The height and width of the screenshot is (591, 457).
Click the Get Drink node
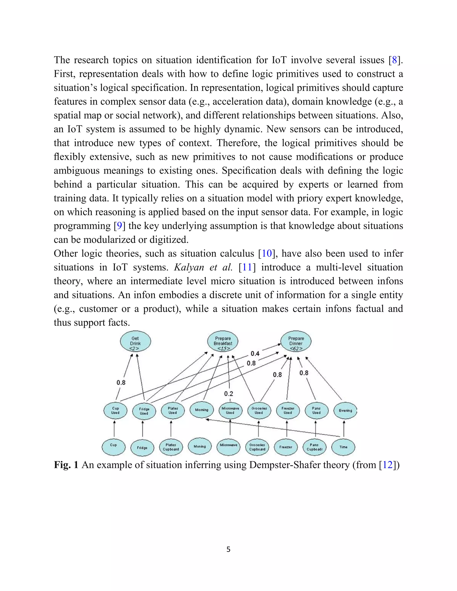click(135, 341)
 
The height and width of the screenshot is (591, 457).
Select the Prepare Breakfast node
click(223, 341)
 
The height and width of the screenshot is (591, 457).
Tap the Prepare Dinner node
click(296, 341)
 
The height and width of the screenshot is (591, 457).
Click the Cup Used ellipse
click(115, 411)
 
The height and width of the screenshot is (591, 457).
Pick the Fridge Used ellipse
click(144, 411)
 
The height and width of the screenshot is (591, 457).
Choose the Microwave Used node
click(230, 411)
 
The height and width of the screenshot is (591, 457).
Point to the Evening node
click(345, 411)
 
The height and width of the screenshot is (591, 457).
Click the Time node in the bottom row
click(343, 447)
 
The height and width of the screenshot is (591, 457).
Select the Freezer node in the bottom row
click(286, 447)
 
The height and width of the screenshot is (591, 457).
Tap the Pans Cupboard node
click(314, 447)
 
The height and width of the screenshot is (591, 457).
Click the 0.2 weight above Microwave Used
click(228, 394)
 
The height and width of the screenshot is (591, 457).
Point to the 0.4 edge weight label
click(255, 353)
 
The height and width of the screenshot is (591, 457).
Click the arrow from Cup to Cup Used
click(114, 429)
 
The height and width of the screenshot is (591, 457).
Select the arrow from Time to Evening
click(344, 429)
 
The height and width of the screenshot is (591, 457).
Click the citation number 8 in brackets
click(395, 60)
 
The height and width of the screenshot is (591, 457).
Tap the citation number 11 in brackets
click(247, 267)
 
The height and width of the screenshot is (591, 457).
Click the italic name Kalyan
click(189, 267)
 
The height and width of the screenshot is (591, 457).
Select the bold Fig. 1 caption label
click(66, 465)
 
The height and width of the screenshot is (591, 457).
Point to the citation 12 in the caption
click(388, 465)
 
